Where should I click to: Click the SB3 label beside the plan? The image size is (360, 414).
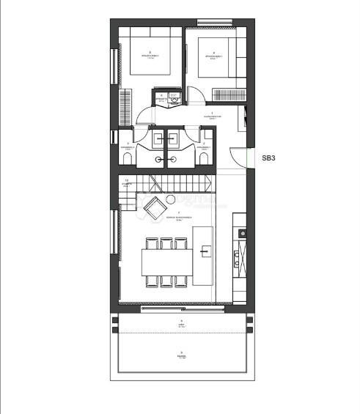(268, 157)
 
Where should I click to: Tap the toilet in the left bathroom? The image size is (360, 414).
(128, 160)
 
